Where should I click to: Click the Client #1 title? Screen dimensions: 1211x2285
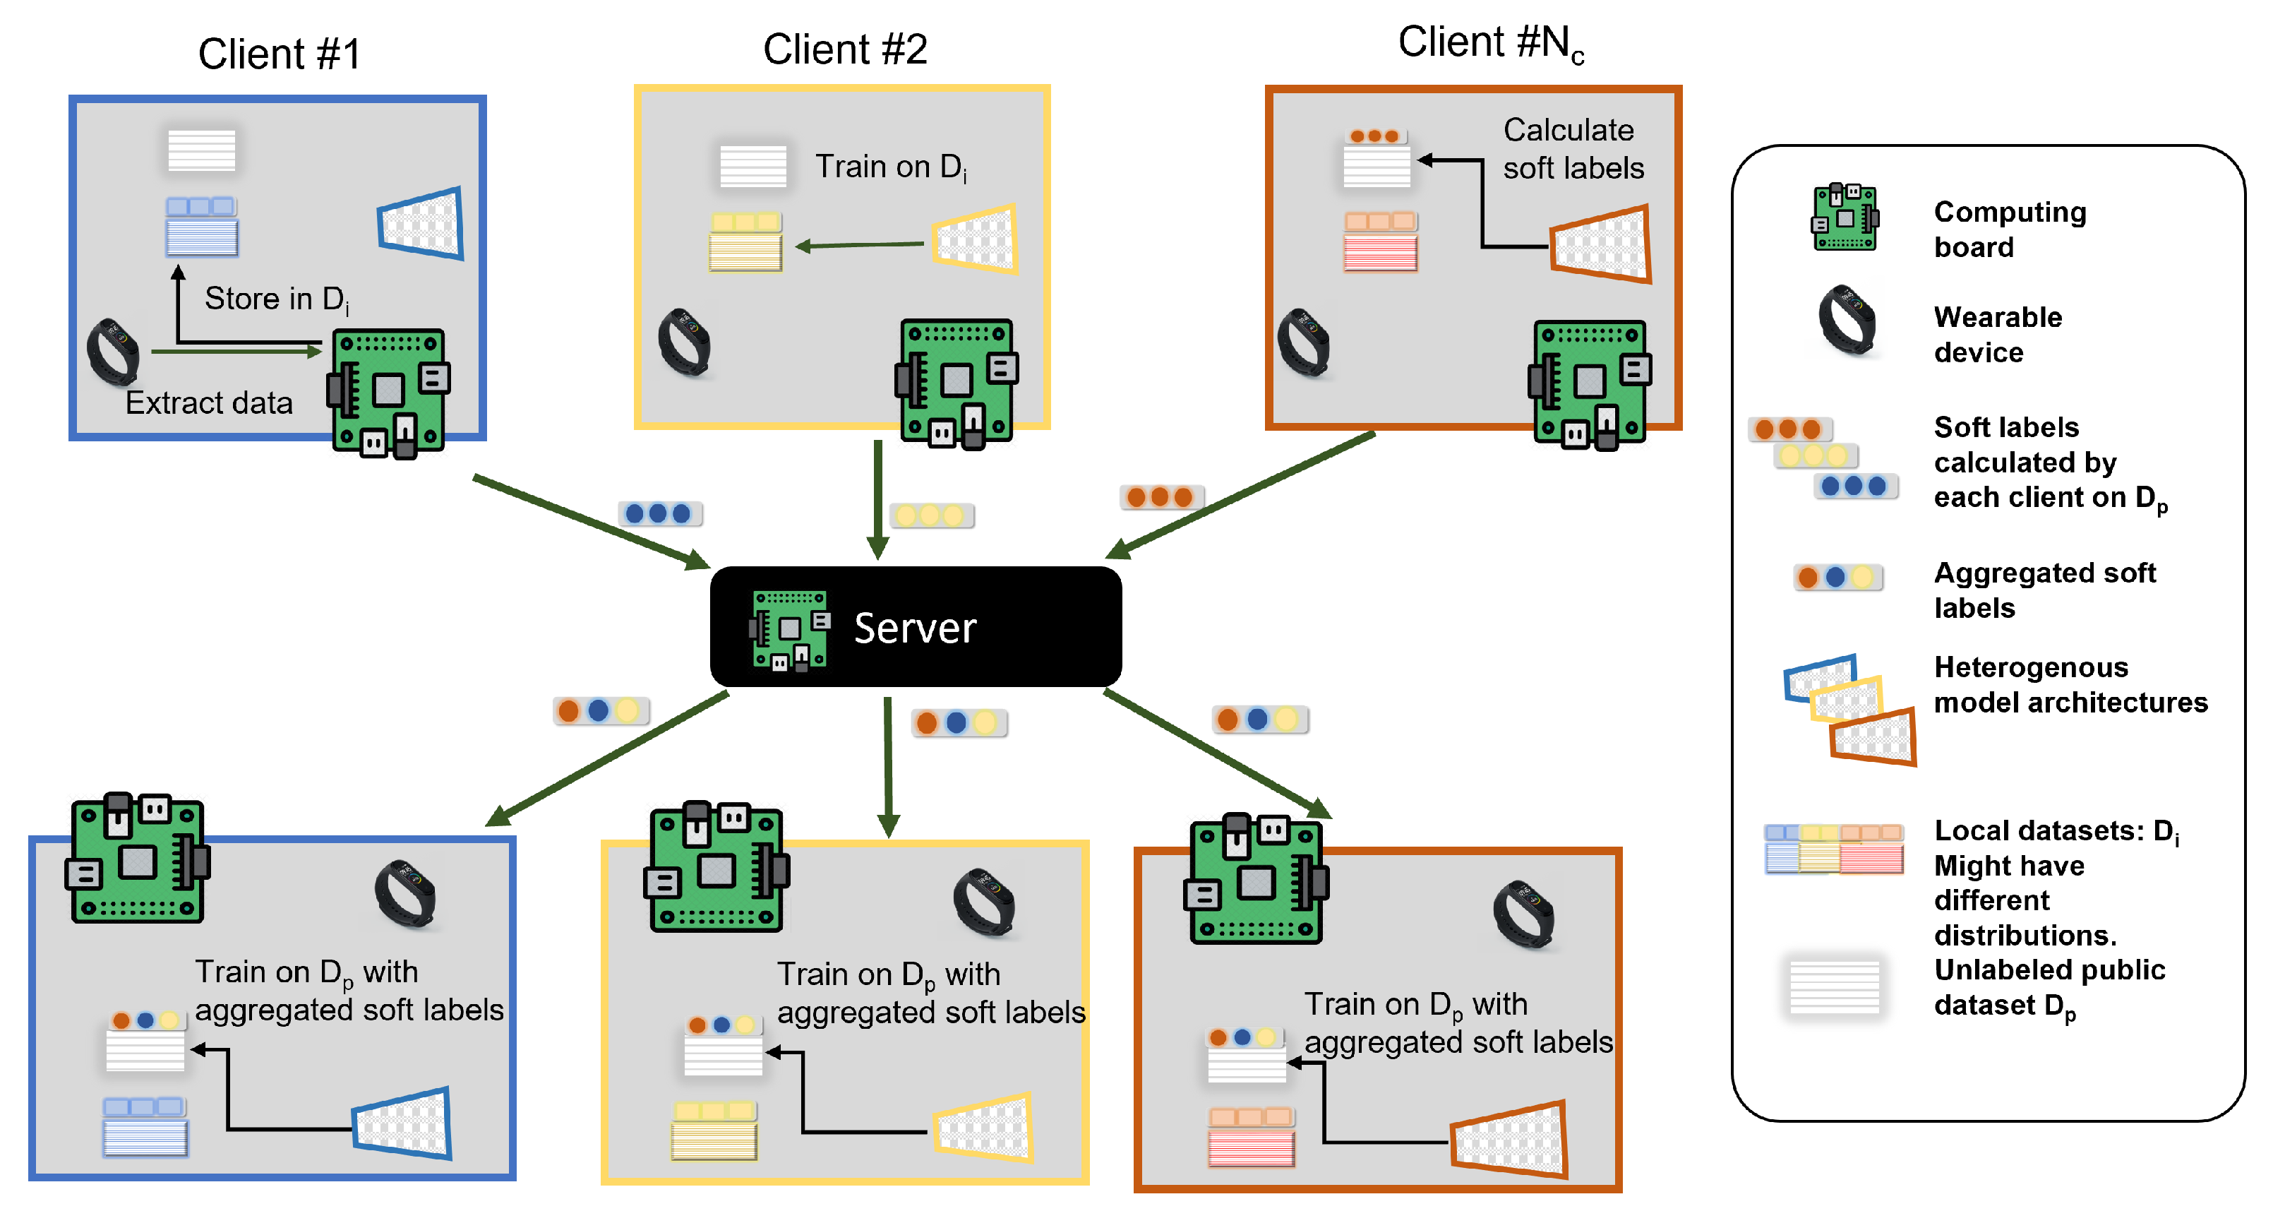[x=279, y=54]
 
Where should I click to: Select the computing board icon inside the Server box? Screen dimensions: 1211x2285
[x=789, y=629]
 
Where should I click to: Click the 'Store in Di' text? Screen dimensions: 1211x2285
[x=276, y=299]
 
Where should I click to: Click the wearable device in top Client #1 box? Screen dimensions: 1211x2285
[x=113, y=352]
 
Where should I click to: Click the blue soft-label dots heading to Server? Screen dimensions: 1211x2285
[x=659, y=513]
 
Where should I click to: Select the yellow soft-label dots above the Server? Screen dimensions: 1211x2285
[x=930, y=515]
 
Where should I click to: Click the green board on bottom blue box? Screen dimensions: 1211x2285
[x=138, y=859]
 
